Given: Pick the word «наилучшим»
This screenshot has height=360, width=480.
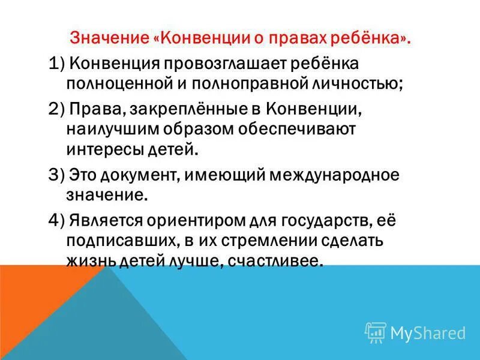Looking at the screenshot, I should (x=116, y=129).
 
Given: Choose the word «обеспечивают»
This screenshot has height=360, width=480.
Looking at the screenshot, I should (x=301, y=129).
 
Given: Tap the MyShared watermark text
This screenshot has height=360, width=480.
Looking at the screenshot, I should (x=428, y=332).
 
